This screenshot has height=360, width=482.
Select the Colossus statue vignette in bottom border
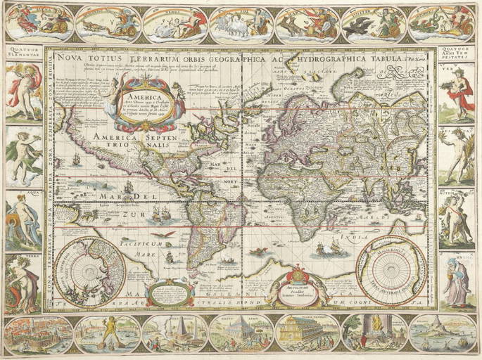pos(107,333)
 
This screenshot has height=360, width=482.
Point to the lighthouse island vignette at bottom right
pos(443,333)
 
